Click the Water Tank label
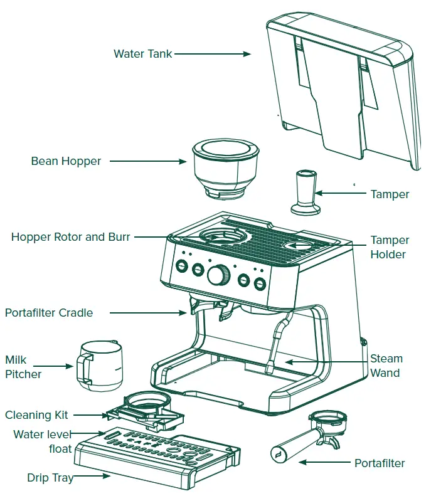click(x=142, y=54)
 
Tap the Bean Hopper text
click(x=66, y=162)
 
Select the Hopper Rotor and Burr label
click(x=71, y=237)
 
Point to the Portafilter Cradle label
click(x=49, y=312)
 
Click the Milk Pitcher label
click(x=23, y=367)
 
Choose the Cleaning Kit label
click(x=36, y=415)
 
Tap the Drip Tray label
click(x=50, y=478)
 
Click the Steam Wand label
click(x=386, y=366)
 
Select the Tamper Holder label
click(x=390, y=247)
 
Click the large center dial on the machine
click(x=218, y=274)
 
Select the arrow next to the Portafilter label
click(x=324, y=463)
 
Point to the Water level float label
click(x=43, y=441)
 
